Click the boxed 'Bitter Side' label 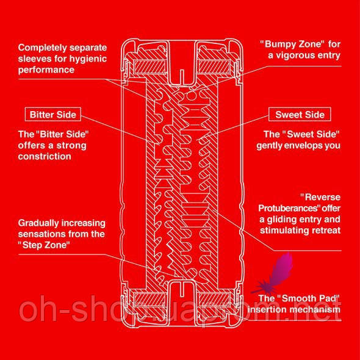[53, 114]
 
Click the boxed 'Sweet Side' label [300, 114]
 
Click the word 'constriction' [45, 156]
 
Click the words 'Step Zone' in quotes [44, 245]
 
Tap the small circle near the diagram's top [191, 96]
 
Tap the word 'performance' [46, 70]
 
